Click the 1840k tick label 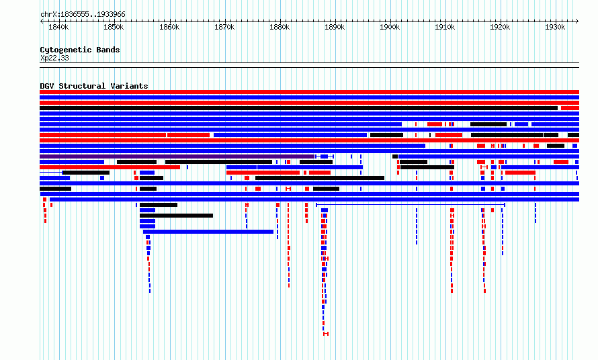click(x=58, y=27)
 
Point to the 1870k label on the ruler click(x=224, y=27)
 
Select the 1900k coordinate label click(x=390, y=27)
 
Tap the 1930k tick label click(x=555, y=27)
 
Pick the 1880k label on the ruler click(x=280, y=27)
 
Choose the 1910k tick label click(x=445, y=27)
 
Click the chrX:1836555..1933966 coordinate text click(x=83, y=15)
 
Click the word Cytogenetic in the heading click(x=66, y=50)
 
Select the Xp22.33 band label click(x=54, y=58)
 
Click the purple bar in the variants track click(x=177, y=156)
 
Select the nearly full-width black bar click(x=298, y=108)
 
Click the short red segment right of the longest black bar click(x=570, y=108)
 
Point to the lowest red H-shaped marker click(x=326, y=334)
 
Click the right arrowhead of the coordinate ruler click(x=577, y=21)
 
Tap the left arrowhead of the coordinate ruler click(x=42, y=21)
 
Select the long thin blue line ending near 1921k click(x=411, y=205)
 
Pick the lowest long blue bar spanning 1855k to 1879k click(x=208, y=232)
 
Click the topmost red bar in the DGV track click(x=309, y=92)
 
